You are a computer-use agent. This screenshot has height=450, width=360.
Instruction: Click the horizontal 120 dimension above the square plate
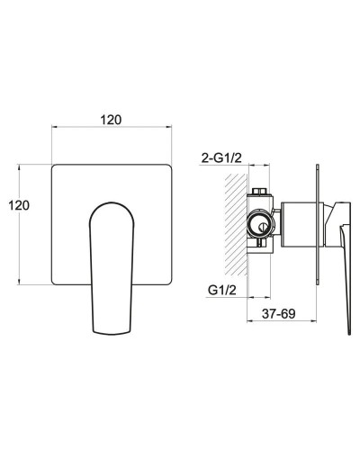pos(111,120)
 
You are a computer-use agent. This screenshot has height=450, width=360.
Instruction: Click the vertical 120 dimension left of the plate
pos(19,205)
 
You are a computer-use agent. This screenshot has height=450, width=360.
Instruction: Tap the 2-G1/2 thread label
pos(221,157)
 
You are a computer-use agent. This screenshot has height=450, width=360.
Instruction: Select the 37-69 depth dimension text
pos(278,314)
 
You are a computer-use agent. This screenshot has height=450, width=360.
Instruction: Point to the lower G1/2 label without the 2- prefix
pos(222,290)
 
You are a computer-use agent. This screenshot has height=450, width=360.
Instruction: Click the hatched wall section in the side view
pos(237,224)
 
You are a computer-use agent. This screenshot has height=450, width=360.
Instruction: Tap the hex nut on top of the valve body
pos(260,191)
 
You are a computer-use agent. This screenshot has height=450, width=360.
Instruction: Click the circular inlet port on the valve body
pos(260,225)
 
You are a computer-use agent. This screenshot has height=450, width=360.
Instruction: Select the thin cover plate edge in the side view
pos(318,224)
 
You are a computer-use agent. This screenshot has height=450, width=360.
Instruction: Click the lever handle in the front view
pos(112,268)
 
